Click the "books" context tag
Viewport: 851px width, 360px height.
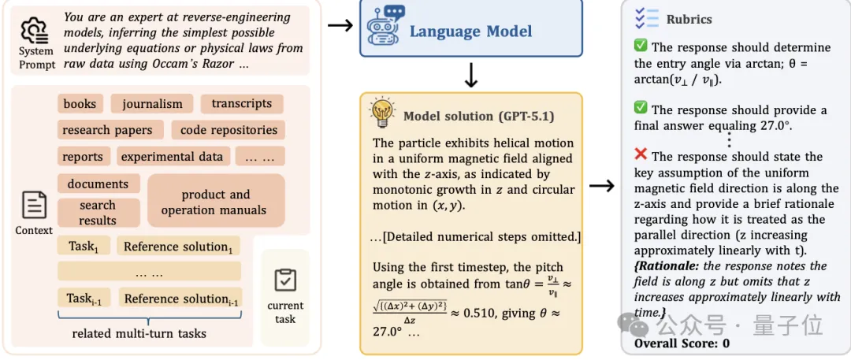coord(80,103)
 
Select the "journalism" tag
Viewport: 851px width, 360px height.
coord(152,103)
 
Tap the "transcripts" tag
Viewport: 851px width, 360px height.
coord(241,103)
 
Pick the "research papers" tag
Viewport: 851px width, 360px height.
coord(108,130)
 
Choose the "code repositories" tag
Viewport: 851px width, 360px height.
coord(229,130)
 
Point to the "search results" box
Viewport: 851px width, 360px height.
coord(98,213)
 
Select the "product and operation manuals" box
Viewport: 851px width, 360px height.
coord(215,202)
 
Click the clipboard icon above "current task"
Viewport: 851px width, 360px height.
coord(285,280)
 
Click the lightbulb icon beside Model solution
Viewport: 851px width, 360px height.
coord(382,114)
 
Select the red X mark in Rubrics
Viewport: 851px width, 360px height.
coord(641,156)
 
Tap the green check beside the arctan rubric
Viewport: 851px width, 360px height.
coord(641,47)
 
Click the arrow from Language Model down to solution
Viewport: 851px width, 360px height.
coord(471,75)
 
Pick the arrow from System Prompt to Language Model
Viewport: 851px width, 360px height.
coord(340,25)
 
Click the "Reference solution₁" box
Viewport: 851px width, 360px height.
coord(177,247)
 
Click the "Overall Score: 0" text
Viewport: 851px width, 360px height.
coord(682,343)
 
